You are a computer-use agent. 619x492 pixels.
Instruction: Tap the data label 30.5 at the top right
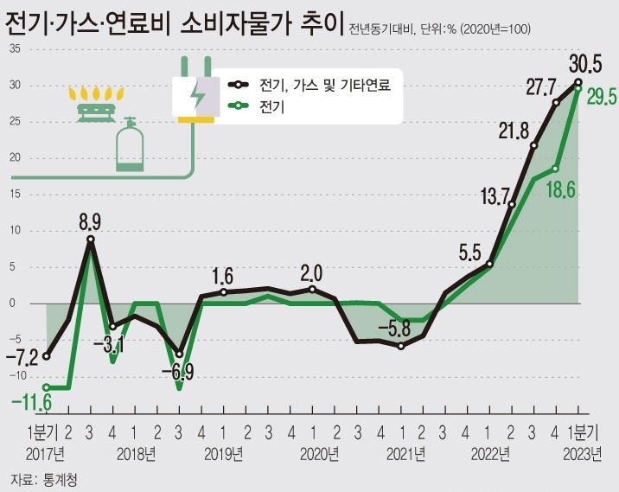[585, 64]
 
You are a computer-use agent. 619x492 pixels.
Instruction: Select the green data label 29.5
[601, 98]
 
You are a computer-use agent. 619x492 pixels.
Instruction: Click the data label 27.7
[540, 87]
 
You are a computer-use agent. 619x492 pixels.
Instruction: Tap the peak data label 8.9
[90, 222]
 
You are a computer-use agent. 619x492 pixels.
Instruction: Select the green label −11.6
[30, 402]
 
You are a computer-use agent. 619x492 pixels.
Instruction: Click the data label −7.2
[22, 355]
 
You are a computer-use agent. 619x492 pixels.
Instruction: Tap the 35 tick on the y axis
[15, 48]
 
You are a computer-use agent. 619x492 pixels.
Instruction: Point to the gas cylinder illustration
[130, 144]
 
